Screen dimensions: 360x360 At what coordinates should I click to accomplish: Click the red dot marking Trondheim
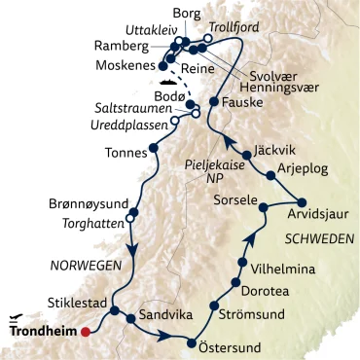[x=87, y=332]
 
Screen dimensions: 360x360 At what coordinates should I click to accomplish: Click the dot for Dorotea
[x=234, y=281]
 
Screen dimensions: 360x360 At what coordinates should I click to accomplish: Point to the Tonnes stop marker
[x=152, y=150]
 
